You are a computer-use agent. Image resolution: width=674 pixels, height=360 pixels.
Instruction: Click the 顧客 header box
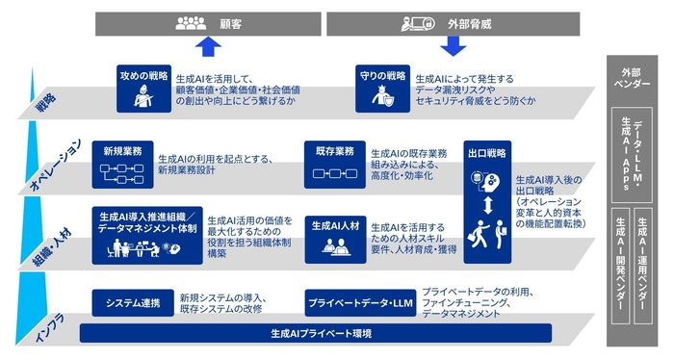206,23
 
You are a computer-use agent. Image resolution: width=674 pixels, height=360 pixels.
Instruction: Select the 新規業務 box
123,164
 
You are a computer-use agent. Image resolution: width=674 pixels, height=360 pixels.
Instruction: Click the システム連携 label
132,301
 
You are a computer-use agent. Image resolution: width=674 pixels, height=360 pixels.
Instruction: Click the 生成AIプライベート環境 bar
317,333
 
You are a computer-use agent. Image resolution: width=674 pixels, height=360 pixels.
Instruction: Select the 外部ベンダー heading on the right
632,77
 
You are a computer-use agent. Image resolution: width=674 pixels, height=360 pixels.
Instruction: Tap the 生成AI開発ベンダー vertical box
620,264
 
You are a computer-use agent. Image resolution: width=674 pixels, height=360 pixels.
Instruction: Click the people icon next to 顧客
190,23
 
